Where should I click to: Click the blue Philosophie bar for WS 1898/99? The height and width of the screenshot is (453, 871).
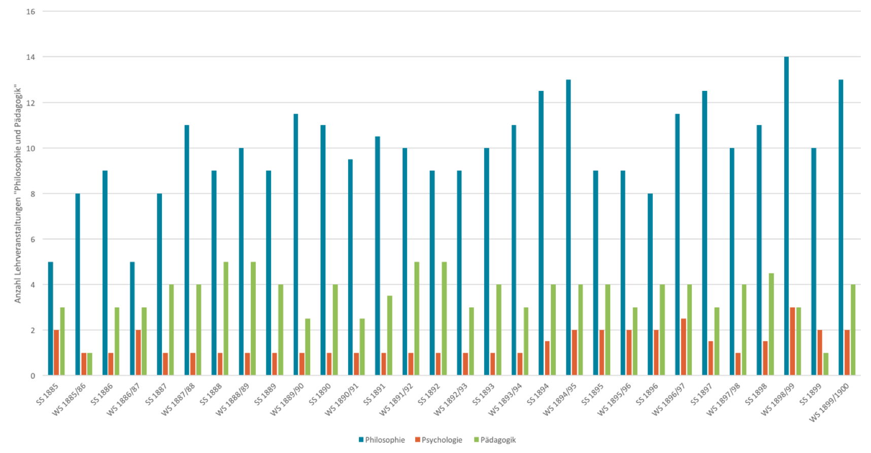click(786, 216)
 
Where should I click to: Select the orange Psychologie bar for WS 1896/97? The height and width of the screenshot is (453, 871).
click(683, 347)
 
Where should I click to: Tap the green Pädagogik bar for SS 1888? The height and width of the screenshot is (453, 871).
click(226, 318)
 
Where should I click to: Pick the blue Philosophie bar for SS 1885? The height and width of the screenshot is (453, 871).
click(50, 318)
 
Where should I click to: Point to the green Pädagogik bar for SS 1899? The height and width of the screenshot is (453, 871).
click(826, 364)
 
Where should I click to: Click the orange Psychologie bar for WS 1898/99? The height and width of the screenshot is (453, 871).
click(792, 341)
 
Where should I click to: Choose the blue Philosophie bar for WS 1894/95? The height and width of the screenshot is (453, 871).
click(568, 228)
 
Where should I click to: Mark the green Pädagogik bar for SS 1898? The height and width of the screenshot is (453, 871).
click(772, 324)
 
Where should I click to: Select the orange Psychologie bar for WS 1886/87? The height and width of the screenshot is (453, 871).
click(138, 352)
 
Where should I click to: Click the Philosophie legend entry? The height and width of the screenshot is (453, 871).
click(381, 440)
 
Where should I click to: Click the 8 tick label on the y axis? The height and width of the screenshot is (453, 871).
click(32, 193)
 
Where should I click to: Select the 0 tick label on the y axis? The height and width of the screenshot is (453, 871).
click(32, 376)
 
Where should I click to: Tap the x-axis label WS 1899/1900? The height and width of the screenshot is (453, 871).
click(829, 402)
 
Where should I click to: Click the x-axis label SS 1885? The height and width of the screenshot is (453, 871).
click(47, 394)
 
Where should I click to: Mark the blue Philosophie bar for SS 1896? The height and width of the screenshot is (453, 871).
click(650, 284)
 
